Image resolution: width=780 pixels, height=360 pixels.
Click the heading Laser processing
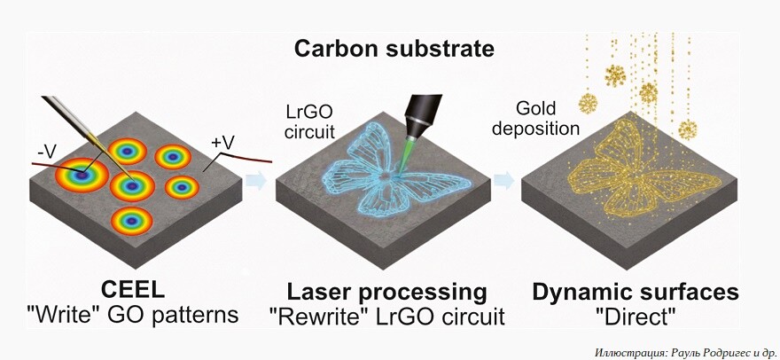click(386, 292)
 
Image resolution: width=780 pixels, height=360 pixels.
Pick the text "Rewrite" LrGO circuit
click(386, 316)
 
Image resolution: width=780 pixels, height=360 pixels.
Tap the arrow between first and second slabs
click(255, 181)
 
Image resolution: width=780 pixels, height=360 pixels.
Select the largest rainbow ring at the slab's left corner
click(82, 176)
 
